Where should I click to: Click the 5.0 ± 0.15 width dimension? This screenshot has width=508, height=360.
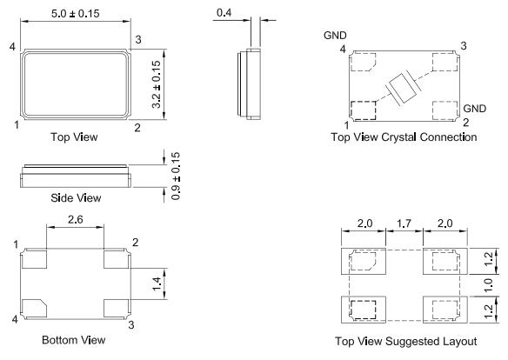point(76,15)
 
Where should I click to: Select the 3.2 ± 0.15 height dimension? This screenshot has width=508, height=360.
point(157,85)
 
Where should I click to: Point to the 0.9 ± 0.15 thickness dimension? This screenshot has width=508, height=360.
point(177,177)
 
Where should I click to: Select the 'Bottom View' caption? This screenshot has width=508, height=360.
point(73,340)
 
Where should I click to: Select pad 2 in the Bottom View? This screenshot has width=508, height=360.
point(117,258)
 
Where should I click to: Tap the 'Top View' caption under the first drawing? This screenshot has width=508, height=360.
point(75,137)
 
